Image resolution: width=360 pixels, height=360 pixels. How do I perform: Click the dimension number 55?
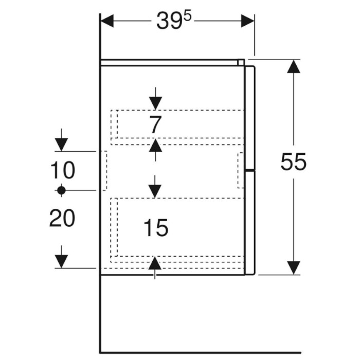294,162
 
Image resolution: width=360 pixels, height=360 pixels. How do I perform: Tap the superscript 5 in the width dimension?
187,17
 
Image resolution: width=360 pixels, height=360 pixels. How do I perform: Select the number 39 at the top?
169,21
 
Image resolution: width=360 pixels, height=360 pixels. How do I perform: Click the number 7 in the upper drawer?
155,124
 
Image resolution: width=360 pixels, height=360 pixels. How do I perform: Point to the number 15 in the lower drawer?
156,227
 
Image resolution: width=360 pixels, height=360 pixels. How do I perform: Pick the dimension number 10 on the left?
63,170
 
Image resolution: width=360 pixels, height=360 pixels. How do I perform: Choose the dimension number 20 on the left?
62,218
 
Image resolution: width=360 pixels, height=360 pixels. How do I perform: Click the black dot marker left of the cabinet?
61,190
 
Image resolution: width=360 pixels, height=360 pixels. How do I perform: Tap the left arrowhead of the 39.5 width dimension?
107,21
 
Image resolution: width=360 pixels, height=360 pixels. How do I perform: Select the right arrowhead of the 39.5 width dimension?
247,21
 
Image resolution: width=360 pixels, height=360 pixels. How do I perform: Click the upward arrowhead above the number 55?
294,66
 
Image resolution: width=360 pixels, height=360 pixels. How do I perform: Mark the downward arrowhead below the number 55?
294,268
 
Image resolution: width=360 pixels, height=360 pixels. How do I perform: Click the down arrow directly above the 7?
155,99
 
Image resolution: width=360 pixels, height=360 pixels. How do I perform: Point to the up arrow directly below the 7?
155,150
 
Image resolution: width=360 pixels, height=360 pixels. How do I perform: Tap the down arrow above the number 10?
61,140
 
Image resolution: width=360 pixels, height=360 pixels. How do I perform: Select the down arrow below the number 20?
61,257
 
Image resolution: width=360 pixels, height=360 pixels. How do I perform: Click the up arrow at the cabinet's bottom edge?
155,268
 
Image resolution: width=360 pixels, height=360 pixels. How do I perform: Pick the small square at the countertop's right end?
241,62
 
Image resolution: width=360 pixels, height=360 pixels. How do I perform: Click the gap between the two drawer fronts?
250,170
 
